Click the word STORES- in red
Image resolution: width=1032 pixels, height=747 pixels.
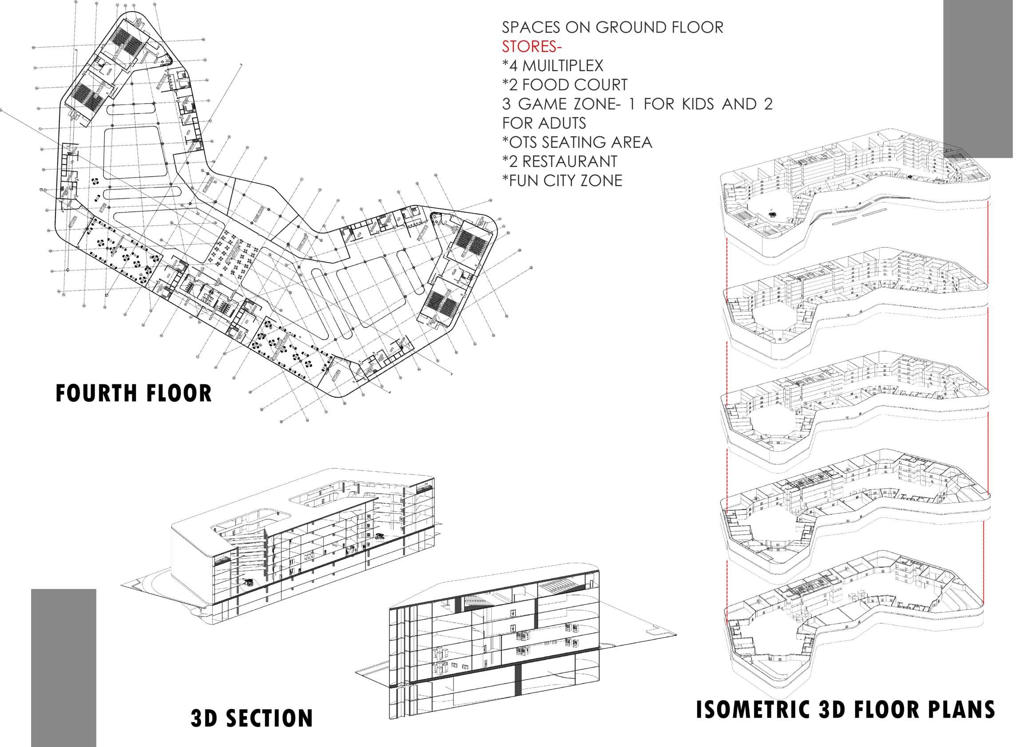coord(532,47)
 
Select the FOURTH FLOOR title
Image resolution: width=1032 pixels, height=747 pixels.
coord(133,394)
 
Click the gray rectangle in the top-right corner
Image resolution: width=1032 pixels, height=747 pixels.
coord(977,77)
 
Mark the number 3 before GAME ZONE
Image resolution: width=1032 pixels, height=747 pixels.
coord(506,104)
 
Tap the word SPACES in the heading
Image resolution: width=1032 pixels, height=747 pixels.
coord(531,27)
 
